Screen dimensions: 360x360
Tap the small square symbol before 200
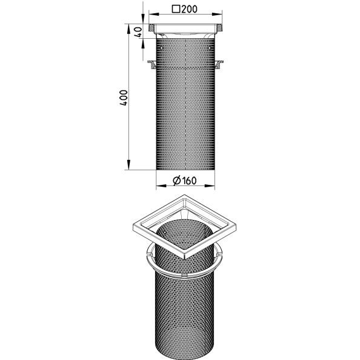(x=176, y=9)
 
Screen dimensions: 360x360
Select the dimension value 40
(x=138, y=32)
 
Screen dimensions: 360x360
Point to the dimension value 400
(x=123, y=98)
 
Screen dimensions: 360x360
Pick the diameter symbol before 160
(x=177, y=181)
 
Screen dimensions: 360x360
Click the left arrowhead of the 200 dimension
(x=154, y=14)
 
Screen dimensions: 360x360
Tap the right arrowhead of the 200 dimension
(x=217, y=14)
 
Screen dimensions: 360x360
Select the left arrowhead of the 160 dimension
(x=161, y=185)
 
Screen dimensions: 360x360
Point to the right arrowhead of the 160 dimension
(x=210, y=185)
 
